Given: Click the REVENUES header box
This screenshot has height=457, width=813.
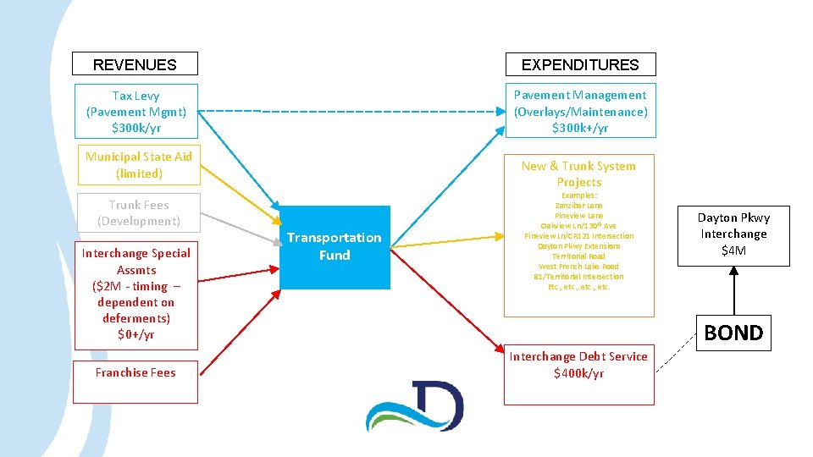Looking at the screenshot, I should coord(135,64).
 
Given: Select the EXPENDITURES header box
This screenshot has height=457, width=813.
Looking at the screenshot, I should coord(580,64).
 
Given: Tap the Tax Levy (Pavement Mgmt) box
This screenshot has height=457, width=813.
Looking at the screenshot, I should coord(135,112).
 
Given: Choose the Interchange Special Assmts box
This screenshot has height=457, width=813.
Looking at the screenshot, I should coord(135,294).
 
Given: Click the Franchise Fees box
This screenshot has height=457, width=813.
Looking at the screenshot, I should coord(135,373).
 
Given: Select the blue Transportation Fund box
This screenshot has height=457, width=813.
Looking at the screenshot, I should coord(334,246).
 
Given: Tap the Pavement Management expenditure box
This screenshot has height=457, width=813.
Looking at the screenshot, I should coord(580,112).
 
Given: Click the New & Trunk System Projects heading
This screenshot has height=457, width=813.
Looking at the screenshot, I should coord(579,174).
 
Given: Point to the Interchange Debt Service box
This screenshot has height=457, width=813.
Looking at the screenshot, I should coord(578,366).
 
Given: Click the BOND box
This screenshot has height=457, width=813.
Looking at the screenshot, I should coord(733,333).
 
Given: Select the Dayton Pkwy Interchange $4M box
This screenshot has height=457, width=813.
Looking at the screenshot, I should coord(733,234).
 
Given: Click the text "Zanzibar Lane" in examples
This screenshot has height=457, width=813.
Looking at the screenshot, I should coord(579,206).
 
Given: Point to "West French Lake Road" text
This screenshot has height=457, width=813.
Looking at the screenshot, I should coord(578,266).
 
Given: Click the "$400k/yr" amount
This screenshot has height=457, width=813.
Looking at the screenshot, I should coord(578,374).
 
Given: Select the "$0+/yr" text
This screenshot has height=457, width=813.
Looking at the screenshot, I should coord(135,334).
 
